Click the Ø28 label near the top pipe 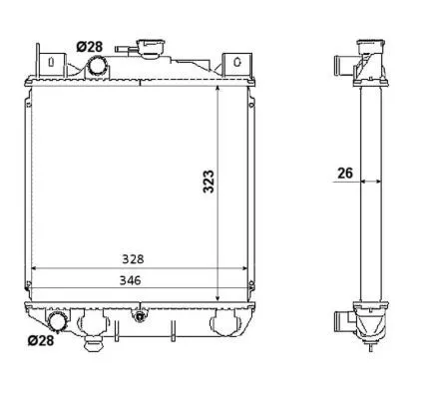tap(89, 46)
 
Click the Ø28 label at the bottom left tap(40, 341)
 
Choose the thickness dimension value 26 tap(345, 173)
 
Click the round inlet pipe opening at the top tap(99, 67)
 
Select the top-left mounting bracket tap(49, 62)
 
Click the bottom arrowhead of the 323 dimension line tap(218, 296)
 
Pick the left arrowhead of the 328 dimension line tap(36, 268)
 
